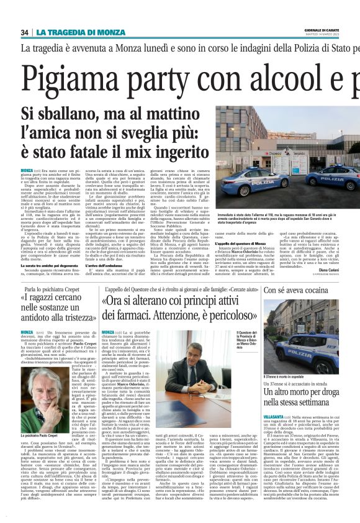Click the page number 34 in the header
(25, 32)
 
